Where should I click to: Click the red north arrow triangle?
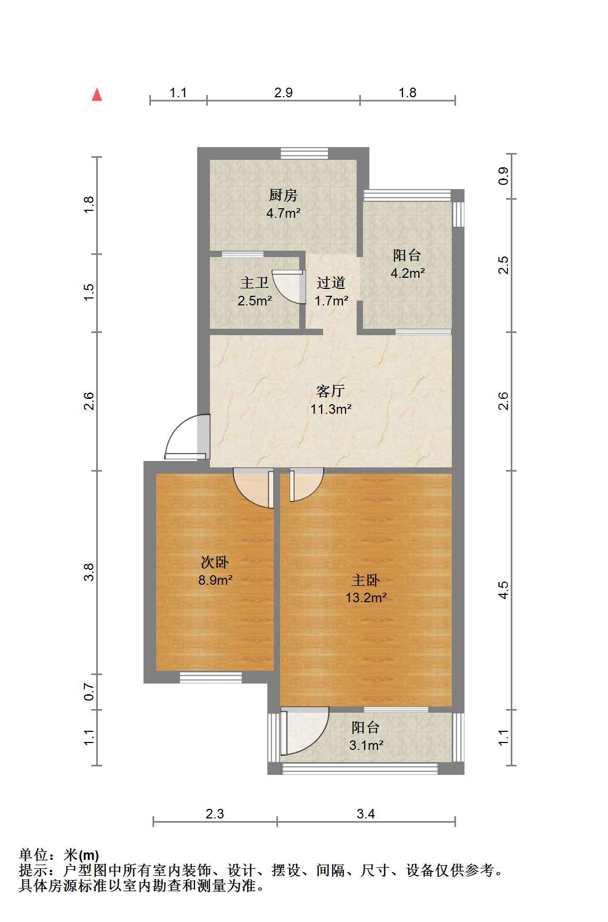(x=97, y=95)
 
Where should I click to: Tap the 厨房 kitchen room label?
(x=283, y=195)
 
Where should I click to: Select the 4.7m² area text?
(x=283, y=214)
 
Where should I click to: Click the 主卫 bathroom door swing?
(x=288, y=287)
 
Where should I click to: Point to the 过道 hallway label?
(x=331, y=283)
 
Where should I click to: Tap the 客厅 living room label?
(x=331, y=391)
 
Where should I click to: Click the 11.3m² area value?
(x=331, y=409)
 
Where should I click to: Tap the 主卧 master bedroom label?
(x=366, y=580)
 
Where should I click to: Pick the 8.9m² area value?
(x=215, y=579)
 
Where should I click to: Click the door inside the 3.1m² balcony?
(x=304, y=731)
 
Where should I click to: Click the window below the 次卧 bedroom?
(x=210, y=677)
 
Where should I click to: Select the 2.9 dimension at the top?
(x=283, y=92)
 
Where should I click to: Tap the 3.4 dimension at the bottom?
(x=366, y=814)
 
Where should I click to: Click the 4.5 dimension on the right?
(x=503, y=590)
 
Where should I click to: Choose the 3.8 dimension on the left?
(x=89, y=572)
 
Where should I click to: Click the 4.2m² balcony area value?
(x=408, y=274)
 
